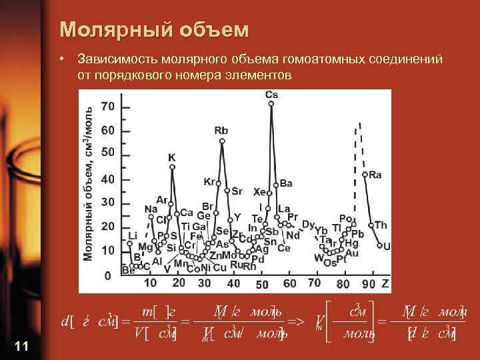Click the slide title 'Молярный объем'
(x=154, y=30)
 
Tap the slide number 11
(x=21, y=345)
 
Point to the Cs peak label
(x=272, y=95)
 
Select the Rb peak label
(x=221, y=131)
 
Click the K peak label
(x=172, y=157)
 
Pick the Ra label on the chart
(x=375, y=175)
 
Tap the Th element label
(x=380, y=225)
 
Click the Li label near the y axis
(x=132, y=235)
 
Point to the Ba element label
(x=286, y=183)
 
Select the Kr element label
(x=209, y=181)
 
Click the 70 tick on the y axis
(x=107, y=107)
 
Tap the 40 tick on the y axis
(x=107, y=179)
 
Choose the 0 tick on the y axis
(x=107, y=275)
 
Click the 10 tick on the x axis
(x=151, y=283)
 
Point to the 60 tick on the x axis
(x=289, y=283)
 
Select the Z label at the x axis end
(x=385, y=283)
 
